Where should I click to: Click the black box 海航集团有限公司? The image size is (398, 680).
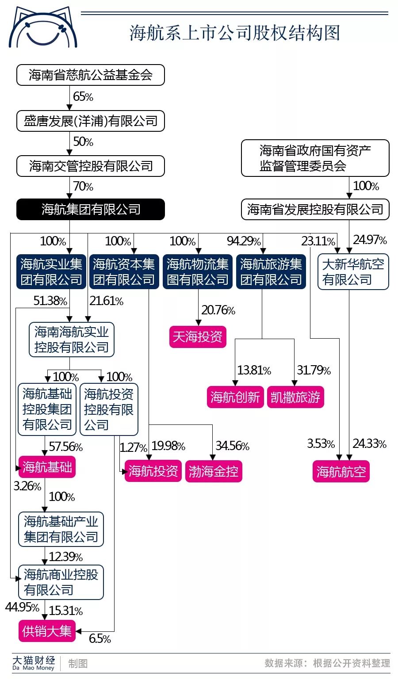91,209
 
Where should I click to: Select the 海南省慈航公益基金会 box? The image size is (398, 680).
91,75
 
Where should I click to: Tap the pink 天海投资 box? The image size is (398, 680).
197,337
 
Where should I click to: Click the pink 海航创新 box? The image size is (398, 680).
235,397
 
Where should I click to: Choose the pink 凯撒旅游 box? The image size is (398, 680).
295,397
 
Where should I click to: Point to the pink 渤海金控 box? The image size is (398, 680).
214,471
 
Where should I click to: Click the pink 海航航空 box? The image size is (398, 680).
341,471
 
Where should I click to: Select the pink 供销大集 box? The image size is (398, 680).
47,631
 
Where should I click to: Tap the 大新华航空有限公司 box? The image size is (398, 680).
353,272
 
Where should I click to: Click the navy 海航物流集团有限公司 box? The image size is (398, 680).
198,272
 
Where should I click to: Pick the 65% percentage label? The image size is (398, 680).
83,97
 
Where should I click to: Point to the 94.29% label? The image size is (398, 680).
244,241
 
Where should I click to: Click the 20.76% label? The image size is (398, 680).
218,310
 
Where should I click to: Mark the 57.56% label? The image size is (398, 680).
65,447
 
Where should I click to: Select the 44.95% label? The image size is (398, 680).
22,607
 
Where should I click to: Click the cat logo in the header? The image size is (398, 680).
43,28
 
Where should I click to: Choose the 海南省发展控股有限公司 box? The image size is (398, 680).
315,209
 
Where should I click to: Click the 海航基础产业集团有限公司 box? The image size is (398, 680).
61,529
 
